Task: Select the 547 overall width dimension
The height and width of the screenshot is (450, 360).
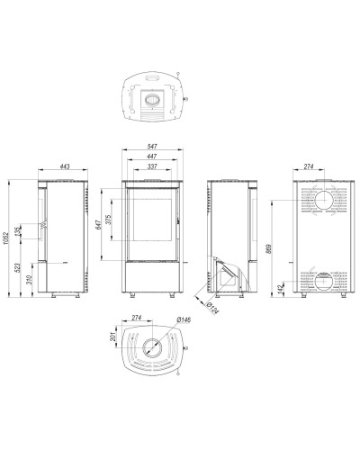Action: pyautogui.click(x=152, y=147)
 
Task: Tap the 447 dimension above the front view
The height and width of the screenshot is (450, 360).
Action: pyautogui.click(x=152, y=157)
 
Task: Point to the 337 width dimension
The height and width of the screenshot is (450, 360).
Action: pyautogui.click(x=152, y=166)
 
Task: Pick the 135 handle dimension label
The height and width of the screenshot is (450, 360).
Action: pyautogui.click(x=18, y=231)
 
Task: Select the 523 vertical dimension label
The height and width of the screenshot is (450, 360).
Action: pyautogui.click(x=18, y=267)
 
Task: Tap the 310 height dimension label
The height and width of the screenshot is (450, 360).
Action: pyautogui.click(x=29, y=280)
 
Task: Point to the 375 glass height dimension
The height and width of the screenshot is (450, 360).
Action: pyautogui.click(x=109, y=220)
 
